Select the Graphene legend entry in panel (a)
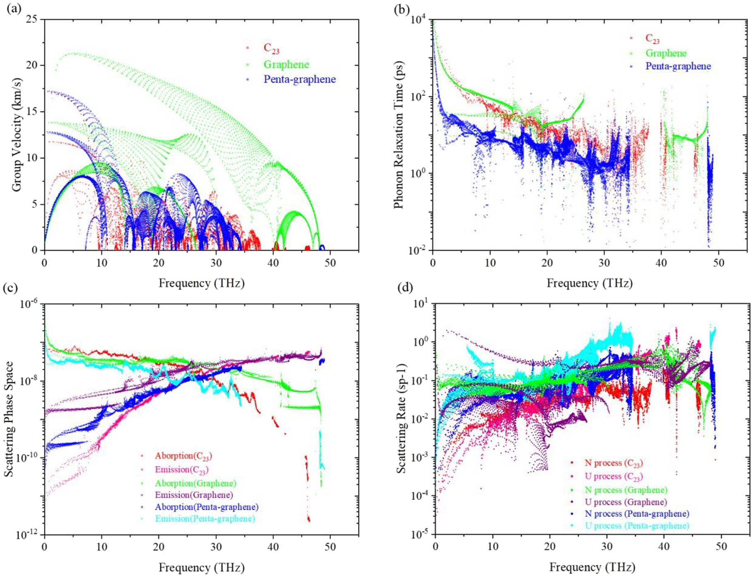coord(286,65)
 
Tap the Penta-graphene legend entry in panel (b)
coord(678,66)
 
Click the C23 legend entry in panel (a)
coord(271,48)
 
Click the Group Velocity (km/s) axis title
coord(17,135)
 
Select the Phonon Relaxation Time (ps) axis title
coord(398,135)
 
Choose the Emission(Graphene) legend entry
coord(194,495)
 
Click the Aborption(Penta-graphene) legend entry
coord(206,507)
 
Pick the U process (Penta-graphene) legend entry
coord(637,526)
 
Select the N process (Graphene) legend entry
coord(626,490)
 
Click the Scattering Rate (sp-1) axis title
coord(401,418)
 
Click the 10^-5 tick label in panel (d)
coord(420,535)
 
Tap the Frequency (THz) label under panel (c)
coord(201,567)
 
